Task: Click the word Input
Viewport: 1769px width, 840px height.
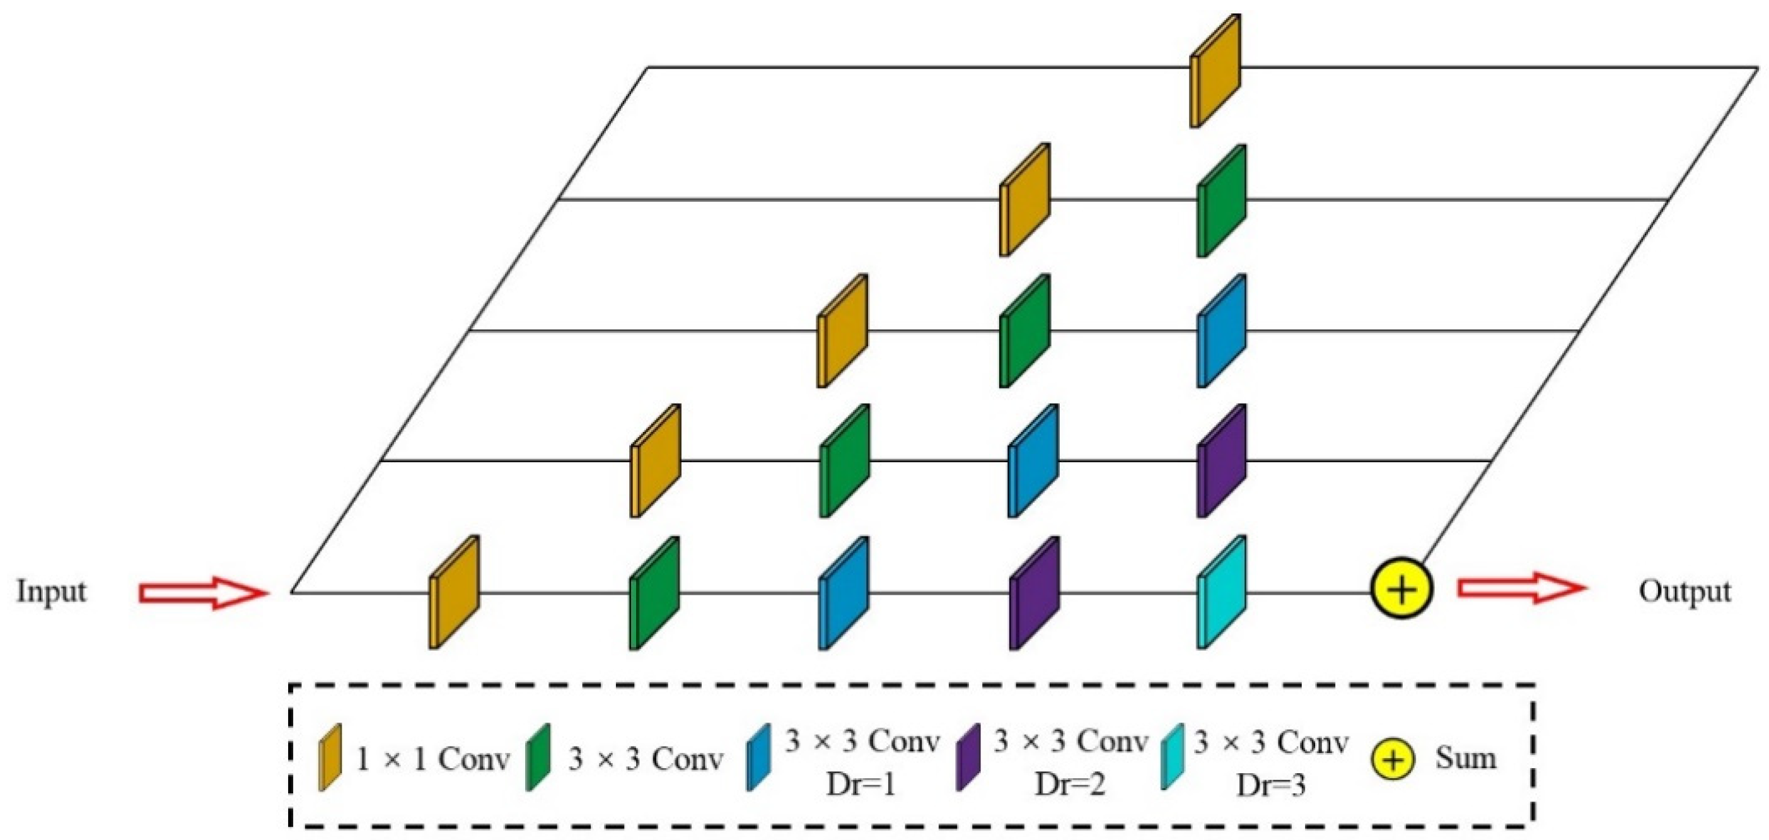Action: tap(52, 591)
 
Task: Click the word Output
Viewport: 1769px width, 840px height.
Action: tap(1685, 591)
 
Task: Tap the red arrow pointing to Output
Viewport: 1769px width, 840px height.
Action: tap(1522, 588)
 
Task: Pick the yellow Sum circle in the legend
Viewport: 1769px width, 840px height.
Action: tap(1393, 761)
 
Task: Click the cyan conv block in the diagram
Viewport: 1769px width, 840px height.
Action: tap(1222, 592)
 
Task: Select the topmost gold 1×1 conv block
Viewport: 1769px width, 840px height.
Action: tap(1215, 71)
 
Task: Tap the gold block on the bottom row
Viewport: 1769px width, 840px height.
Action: tap(454, 592)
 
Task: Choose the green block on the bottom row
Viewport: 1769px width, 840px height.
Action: tap(654, 592)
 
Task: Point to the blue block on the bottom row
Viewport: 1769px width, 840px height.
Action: tap(844, 592)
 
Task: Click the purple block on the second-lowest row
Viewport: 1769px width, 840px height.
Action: tap(1222, 460)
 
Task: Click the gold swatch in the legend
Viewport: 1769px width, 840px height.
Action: tap(330, 757)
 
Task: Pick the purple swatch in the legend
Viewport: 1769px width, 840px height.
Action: tap(968, 757)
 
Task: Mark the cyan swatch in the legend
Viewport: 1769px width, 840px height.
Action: tap(1172, 757)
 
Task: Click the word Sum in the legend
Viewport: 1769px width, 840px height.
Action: tap(1464, 758)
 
